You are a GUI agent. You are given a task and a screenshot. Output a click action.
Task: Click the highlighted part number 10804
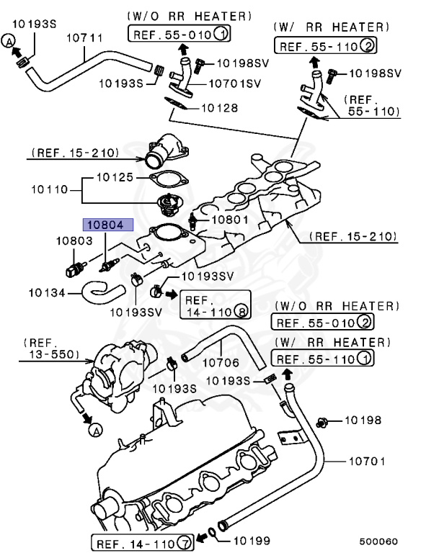pos(108,225)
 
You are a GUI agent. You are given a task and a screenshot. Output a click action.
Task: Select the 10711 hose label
pos(84,37)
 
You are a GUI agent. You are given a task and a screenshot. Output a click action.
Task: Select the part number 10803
pos(74,241)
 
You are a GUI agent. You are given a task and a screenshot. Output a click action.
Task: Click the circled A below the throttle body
pos(94,431)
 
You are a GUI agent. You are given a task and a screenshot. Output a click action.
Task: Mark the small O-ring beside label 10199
pos(209,534)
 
